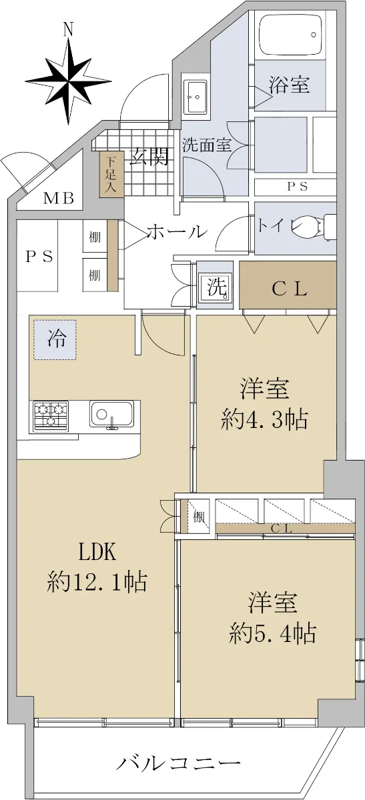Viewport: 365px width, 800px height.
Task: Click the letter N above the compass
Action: click(x=68, y=29)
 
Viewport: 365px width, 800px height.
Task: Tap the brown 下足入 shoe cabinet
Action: click(x=111, y=173)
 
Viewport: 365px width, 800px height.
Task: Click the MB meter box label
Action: click(x=58, y=198)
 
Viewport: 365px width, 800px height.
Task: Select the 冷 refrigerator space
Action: click(x=55, y=339)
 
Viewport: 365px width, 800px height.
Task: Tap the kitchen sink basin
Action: click(x=112, y=414)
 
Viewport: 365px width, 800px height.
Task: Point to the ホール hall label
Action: click(x=177, y=232)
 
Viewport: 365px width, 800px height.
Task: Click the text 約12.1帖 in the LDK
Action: click(x=97, y=583)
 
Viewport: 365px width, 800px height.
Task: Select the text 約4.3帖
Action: click(x=264, y=419)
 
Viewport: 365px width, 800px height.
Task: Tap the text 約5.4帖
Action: click(x=272, y=633)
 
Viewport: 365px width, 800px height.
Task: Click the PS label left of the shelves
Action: click(x=39, y=257)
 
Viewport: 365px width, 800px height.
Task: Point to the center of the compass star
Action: click(x=68, y=81)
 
